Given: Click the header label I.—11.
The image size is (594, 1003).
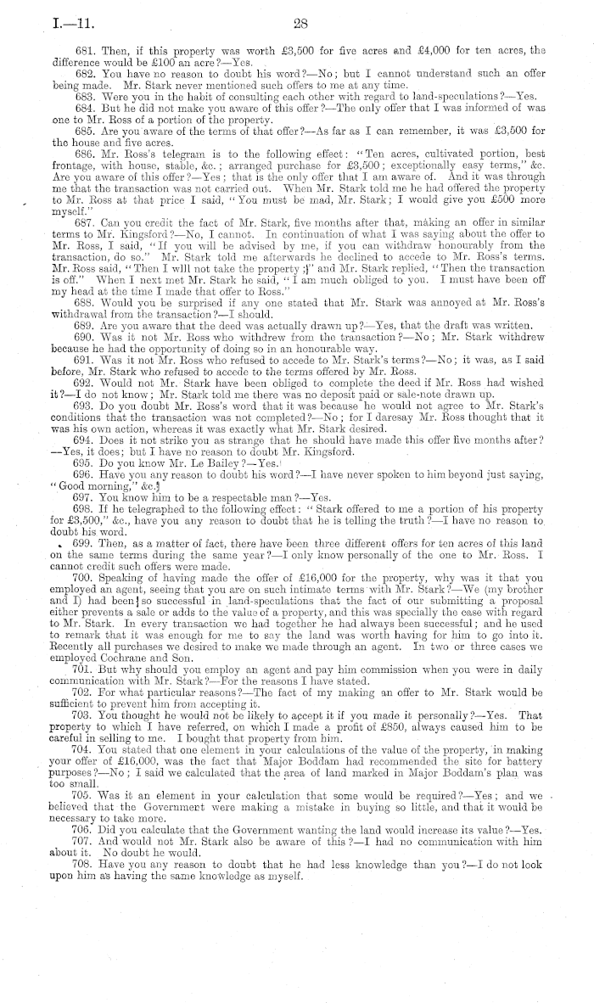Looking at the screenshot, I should (x=48, y=24).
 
